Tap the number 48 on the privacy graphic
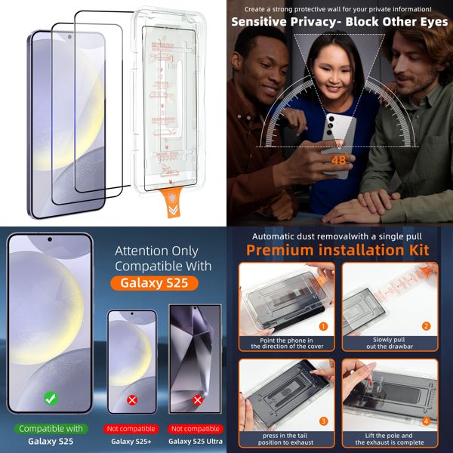(x=338, y=159)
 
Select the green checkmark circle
(x=50, y=398)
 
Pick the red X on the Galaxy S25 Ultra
(x=197, y=400)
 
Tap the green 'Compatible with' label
(x=51, y=428)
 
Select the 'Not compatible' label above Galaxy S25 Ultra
(x=195, y=429)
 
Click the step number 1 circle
(x=322, y=326)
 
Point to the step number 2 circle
(x=426, y=326)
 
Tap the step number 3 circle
(x=322, y=421)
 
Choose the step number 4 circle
(x=426, y=421)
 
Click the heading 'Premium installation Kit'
(x=337, y=250)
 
